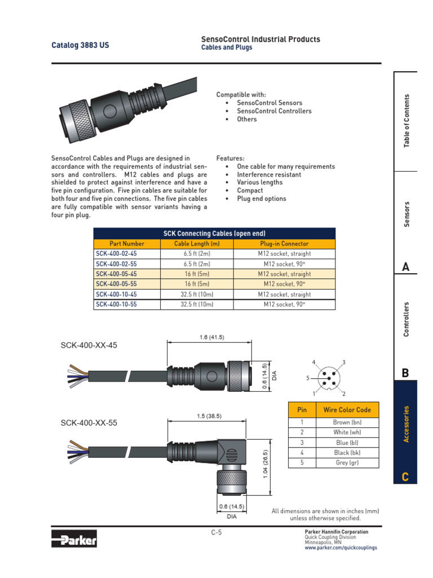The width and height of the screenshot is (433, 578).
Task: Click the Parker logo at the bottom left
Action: [x=74, y=539]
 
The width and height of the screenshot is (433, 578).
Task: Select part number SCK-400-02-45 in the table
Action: [x=116, y=254]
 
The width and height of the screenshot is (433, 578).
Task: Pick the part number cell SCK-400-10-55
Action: [x=116, y=304]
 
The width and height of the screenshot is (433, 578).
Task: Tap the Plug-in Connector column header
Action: [x=284, y=244]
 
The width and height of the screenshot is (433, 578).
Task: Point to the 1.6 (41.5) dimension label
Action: [x=211, y=337]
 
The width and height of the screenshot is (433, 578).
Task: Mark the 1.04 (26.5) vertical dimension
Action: [x=266, y=465]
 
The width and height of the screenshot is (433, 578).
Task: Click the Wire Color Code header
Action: [x=347, y=409]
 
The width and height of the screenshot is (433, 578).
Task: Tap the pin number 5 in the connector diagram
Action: [x=308, y=378]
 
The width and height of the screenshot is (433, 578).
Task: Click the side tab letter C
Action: [x=405, y=478]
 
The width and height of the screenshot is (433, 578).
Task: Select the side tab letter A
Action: [x=405, y=267]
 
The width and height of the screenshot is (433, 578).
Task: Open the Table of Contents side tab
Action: [x=407, y=121]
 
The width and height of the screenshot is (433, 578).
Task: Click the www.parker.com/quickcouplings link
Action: [x=341, y=548]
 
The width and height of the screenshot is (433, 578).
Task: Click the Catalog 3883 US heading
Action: [x=81, y=45]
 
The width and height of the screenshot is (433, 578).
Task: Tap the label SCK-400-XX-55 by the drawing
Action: [x=89, y=423]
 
